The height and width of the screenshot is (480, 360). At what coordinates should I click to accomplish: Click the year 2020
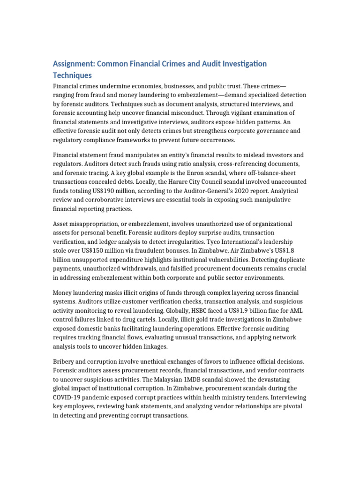pos(239,191)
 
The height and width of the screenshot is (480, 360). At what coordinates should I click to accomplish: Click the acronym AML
pos(292,311)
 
